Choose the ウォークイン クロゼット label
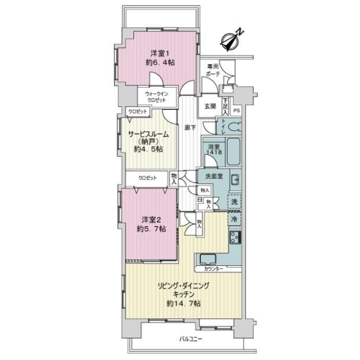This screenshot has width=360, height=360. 157,97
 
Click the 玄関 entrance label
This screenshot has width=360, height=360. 209,106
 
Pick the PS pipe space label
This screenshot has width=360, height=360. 236,110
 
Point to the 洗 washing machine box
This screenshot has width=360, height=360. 235,202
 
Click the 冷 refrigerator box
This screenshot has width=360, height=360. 235,220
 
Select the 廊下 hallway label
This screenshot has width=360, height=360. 190,127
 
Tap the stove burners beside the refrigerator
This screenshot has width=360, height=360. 235,238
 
